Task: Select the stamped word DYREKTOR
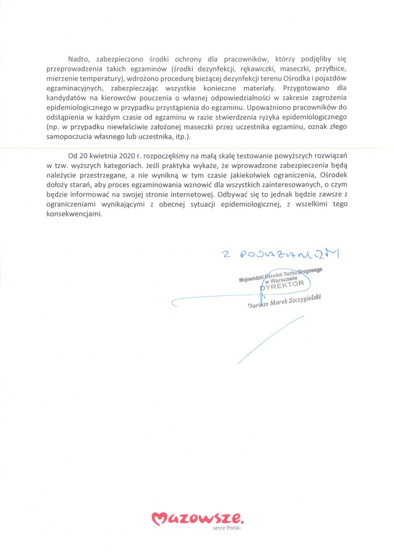click(x=284, y=285)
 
